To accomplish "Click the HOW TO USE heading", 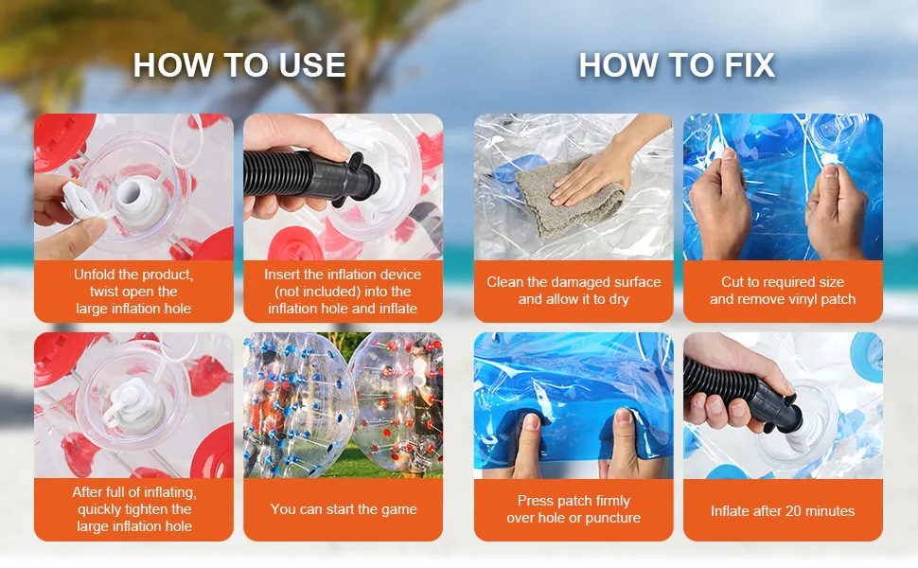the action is (238, 65).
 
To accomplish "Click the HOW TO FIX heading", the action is (677, 65).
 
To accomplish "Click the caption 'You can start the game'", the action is (344, 509).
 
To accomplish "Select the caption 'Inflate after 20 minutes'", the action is (783, 511).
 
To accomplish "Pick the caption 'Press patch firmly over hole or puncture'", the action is (574, 509).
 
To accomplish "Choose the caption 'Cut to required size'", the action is (783, 282).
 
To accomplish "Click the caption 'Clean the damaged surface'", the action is (574, 282).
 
